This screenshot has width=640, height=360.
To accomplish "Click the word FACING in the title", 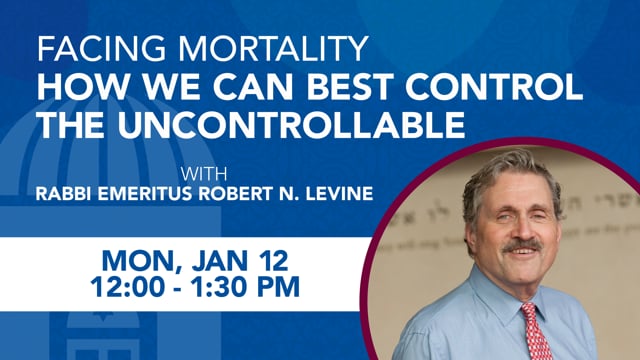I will (x=86, y=50).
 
